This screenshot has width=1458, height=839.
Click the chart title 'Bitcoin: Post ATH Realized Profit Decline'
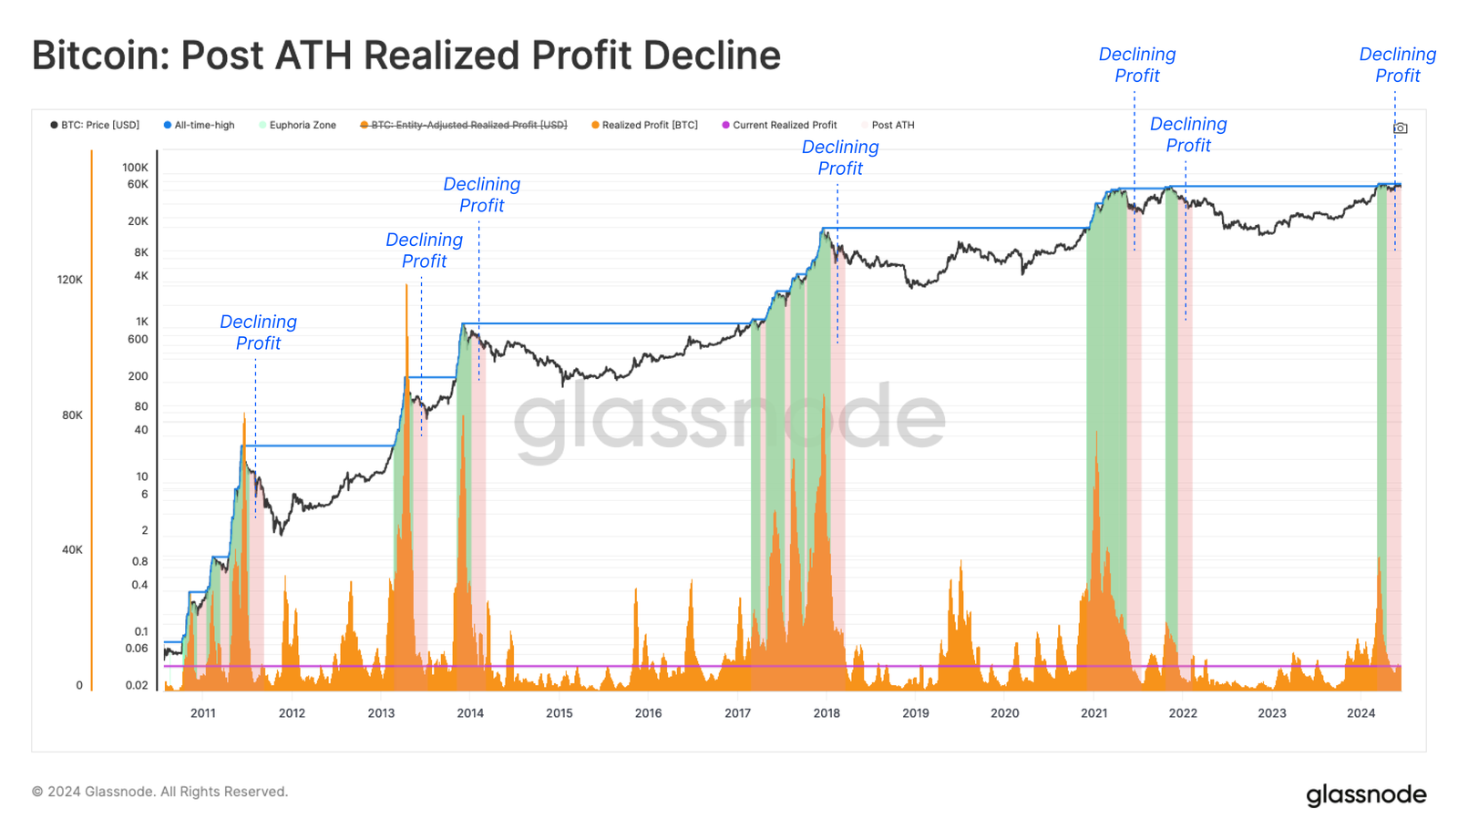406,56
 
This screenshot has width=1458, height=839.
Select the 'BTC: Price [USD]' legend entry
95,125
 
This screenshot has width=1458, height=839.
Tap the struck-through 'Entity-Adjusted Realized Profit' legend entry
464,125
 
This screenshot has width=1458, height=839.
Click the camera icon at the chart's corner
1401,128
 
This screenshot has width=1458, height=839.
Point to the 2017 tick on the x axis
737,713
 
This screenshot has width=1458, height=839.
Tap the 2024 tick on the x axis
1360,713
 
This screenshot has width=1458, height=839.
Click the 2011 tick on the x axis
203,713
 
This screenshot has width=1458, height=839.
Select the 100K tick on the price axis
135,168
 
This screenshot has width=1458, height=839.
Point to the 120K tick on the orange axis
70,280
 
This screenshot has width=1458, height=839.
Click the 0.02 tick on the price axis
137,685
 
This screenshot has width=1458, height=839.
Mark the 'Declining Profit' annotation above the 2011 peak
258,333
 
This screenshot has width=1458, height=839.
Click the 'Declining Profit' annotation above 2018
840,158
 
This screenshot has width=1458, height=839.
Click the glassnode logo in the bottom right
1366,794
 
